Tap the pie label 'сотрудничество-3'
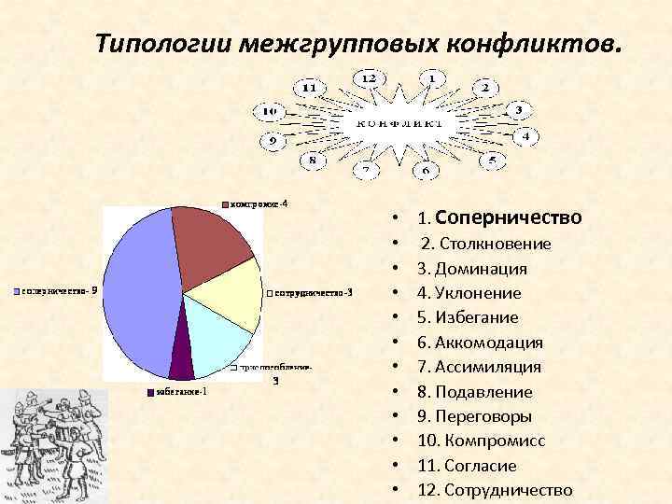pos(309,294)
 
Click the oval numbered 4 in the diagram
pos(525,136)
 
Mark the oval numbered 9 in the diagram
pos(273,141)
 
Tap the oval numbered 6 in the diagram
pos(426,171)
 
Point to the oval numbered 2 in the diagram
pos(484,88)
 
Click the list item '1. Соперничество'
pos(499,217)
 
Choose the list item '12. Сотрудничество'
pos(495,490)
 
